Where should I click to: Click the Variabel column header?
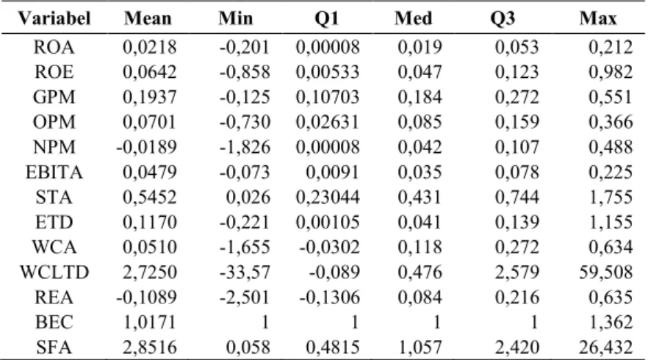[x=54, y=18]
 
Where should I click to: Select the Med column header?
[x=413, y=18]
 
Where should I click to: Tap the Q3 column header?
[x=503, y=18]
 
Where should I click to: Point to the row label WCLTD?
[x=54, y=273]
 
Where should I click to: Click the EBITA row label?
[x=54, y=173]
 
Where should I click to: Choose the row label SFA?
[x=54, y=348]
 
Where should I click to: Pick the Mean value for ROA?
[x=150, y=47]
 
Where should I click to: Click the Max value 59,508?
[x=606, y=273]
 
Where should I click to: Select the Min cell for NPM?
[x=245, y=147]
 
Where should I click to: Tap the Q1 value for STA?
[x=328, y=197]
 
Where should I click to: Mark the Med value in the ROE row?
[x=420, y=72]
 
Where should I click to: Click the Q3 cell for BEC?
[x=534, y=323]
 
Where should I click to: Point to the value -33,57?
[x=245, y=273]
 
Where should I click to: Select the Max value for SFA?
[x=606, y=348]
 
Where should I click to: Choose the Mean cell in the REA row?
[x=147, y=297]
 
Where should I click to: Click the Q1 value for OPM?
[x=328, y=123]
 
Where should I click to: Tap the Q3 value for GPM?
[x=517, y=97]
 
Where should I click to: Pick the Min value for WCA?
[x=245, y=247]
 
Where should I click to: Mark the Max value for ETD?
[x=611, y=223]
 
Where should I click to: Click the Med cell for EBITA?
[x=420, y=173]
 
